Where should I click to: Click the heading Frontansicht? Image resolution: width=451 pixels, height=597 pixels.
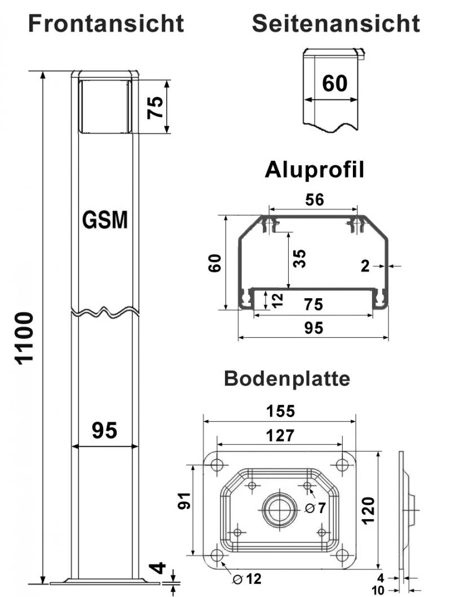point(106,24)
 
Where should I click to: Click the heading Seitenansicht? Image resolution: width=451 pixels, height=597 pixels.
point(335,24)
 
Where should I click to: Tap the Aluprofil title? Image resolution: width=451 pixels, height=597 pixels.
point(314,170)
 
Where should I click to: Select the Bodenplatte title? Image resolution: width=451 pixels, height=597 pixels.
point(286,378)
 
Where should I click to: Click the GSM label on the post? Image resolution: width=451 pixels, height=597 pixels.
point(105,220)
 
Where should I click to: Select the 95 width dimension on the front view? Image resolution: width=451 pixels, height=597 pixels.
point(105,431)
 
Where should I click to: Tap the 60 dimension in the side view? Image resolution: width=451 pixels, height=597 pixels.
point(335,83)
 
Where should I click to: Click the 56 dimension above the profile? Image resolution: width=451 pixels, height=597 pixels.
point(313,200)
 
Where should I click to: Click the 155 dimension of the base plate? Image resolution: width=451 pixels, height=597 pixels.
point(280,411)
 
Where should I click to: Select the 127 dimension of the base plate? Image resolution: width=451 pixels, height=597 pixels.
point(280,435)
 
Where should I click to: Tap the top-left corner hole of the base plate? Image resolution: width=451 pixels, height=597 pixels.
point(217,465)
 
